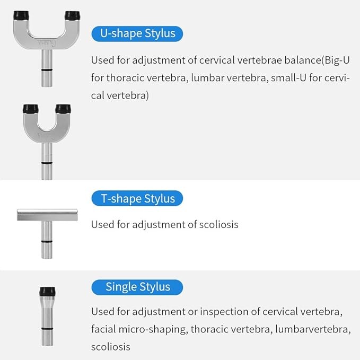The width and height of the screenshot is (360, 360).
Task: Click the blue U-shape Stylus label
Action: tap(137, 34)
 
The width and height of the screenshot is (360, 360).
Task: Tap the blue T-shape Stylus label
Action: tap(137, 198)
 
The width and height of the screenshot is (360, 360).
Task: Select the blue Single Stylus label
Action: tap(137, 287)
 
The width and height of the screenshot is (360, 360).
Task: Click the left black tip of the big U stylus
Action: tap(21, 15)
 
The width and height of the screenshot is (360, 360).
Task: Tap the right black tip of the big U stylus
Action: tap(72, 15)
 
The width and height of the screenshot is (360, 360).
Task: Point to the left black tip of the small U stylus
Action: tap(31, 109)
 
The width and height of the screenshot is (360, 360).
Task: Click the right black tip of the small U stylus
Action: tap(63, 109)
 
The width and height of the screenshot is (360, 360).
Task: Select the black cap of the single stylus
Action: tap(47, 292)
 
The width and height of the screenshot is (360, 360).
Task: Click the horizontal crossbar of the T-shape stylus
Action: tap(47, 215)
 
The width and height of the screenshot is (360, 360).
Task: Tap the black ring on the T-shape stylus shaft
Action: tap(47, 241)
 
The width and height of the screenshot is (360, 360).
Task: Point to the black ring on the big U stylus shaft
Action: tap(47, 70)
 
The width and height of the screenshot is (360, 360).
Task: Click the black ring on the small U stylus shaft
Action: tap(47, 163)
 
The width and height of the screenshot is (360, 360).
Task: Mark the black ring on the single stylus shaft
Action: tap(47, 329)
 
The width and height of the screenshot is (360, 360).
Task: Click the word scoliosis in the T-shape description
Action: tap(218, 224)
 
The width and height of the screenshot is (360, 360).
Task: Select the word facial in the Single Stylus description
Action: tap(103, 329)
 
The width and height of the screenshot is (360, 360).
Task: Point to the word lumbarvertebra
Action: tap(313, 329)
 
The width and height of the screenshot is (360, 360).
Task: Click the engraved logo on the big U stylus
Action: tap(45, 42)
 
